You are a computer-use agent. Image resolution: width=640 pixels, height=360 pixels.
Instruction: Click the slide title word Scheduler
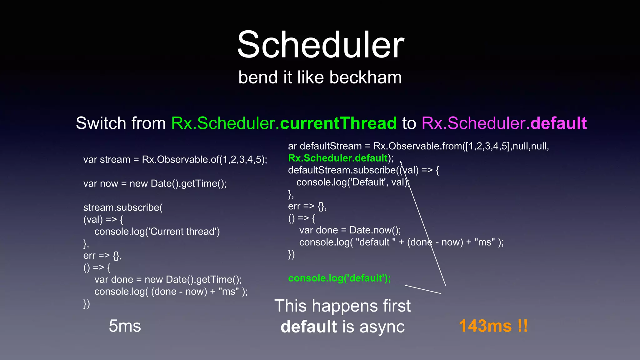click(x=321, y=45)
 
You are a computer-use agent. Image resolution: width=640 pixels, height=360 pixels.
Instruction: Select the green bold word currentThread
click(x=338, y=123)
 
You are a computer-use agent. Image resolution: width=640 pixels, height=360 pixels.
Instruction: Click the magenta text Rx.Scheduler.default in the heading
click(x=504, y=123)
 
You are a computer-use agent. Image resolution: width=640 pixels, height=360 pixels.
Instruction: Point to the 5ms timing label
click(x=125, y=326)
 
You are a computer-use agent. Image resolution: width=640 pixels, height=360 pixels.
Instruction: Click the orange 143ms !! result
click(x=493, y=326)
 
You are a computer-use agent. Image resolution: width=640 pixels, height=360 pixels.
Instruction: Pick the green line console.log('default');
click(x=339, y=278)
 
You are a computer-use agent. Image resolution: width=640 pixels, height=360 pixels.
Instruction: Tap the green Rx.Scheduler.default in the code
click(x=338, y=158)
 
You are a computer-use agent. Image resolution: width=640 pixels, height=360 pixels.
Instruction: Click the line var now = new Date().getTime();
click(x=155, y=183)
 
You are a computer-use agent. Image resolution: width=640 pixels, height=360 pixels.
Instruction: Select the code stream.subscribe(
click(x=123, y=207)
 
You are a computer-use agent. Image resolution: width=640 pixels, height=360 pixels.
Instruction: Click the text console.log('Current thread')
click(x=157, y=232)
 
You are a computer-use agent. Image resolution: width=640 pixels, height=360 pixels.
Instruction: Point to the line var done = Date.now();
click(x=350, y=230)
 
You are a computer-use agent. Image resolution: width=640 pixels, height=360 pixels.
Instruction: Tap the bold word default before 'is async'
click(x=309, y=327)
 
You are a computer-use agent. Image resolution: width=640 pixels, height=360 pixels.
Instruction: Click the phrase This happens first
click(x=342, y=306)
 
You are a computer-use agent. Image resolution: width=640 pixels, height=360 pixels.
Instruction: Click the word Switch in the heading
click(x=101, y=123)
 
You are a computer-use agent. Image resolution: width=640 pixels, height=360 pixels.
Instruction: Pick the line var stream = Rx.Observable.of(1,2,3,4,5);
click(x=175, y=159)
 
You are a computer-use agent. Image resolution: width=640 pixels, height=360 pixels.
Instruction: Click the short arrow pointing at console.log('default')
click(x=422, y=289)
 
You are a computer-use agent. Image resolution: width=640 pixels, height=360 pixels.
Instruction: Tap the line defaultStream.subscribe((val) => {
click(x=363, y=170)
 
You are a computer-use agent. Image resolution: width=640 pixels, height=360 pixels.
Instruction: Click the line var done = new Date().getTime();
click(x=168, y=279)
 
